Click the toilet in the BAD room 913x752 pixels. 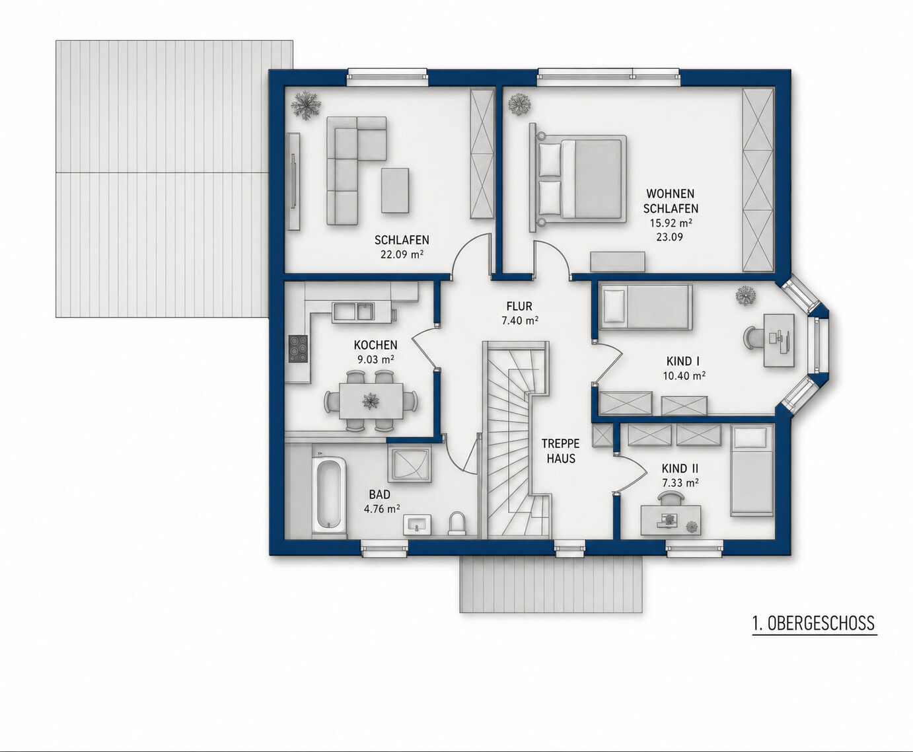(x=457, y=523)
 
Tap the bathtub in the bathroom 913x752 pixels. (x=329, y=495)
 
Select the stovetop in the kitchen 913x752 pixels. (x=298, y=349)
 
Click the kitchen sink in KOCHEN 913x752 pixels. (x=353, y=311)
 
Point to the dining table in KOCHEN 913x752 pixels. (x=371, y=400)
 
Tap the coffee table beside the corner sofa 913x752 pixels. (x=395, y=190)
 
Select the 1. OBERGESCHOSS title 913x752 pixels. (x=814, y=623)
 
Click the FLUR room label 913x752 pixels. (x=519, y=306)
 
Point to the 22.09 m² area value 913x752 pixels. (x=402, y=254)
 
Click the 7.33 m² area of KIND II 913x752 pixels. (x=680, y=483)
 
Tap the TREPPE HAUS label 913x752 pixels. (x=561, y=451)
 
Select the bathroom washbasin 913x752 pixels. (x=417, y=525)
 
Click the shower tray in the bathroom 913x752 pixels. (x=410, y=465)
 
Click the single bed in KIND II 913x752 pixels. (x=752, y=470)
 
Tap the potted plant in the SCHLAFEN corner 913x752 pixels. (x=306, y=105)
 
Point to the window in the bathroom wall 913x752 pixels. (x=384, y=548)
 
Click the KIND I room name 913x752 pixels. (x=682, y=361)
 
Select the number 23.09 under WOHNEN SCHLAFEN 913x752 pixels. (x=669, y=237)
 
